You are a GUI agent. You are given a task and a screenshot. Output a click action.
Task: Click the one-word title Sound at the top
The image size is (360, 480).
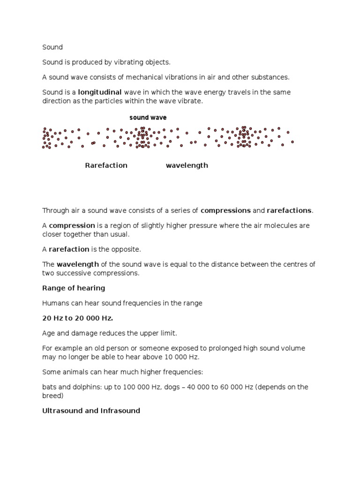point(52,47)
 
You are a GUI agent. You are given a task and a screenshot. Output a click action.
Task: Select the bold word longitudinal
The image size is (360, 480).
point(100,92)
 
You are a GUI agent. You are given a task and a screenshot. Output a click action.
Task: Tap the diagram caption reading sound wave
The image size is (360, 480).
point(148,118)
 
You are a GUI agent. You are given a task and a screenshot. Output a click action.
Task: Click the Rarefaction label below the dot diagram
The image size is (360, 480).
point(106,165)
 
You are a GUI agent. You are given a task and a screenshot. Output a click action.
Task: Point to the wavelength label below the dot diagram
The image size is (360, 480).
point(187,165)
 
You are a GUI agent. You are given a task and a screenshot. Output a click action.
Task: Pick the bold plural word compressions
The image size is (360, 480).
point(225,210)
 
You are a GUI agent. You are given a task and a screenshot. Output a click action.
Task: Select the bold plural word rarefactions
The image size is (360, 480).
point(289,210)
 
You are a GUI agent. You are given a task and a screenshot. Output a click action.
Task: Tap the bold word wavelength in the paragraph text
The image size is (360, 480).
point(78,264)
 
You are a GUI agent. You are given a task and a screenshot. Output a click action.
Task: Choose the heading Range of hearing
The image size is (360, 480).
point(74,288)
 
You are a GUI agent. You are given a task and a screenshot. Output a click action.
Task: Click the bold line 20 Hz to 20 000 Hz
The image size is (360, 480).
point(78,318)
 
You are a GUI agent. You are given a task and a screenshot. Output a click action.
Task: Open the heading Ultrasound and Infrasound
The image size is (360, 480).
point(91,411)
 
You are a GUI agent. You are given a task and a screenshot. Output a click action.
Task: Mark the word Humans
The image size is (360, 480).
point(55,303)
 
